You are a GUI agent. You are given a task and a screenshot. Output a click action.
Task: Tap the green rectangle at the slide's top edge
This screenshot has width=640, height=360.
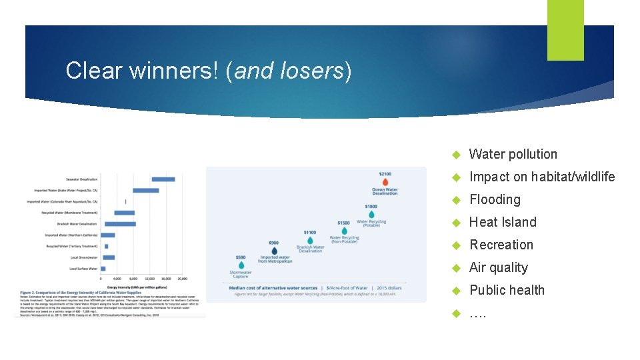(x=565, y=30)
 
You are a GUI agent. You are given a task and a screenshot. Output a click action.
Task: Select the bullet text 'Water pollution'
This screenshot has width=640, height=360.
(x=513, y=155)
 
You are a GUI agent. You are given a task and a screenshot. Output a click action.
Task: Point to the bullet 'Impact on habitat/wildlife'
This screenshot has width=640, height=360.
(x=541, y=177)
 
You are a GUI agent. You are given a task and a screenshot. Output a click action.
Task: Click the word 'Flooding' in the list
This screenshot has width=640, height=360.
(x=495, y=200)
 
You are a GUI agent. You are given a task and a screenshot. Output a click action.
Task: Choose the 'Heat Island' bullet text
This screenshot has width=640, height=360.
(x=503, y=223)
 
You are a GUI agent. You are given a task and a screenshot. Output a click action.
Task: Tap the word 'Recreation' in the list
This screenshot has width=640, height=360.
(x=501, y=245)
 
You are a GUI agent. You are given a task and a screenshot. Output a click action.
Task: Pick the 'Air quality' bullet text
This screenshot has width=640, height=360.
(x=498, y=268)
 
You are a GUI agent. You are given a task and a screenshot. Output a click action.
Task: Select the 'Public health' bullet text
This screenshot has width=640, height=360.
(x=507, y=291)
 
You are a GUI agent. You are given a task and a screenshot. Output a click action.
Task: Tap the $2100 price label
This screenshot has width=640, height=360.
(x=385, y=174)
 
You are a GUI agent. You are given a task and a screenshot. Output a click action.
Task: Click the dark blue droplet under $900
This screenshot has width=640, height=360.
(x=274, y=251)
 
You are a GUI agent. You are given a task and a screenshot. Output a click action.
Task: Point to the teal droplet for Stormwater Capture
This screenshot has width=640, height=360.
(x=241, y=265)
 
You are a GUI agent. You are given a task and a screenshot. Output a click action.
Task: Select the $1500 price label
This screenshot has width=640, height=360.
(x=343, y=223)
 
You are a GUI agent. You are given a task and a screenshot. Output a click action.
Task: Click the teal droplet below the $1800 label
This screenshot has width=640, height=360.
(x=371, y=215)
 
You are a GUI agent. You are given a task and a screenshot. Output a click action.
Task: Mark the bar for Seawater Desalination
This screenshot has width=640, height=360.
(x=163, y=179)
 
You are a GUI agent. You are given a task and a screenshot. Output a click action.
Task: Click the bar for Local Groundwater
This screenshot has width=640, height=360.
(x=109, y=257)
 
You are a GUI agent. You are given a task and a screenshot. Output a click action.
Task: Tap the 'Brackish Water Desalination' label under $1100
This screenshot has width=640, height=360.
(x=310, y=249)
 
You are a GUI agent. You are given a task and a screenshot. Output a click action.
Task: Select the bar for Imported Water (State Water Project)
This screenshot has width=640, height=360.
(x=145, y=191)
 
